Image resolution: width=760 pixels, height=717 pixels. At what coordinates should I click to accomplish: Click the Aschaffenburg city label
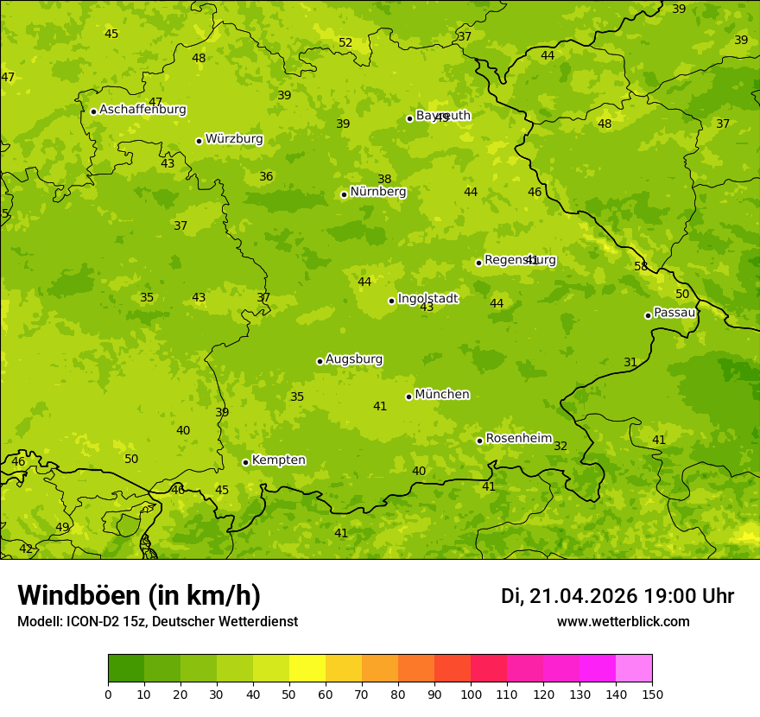[x=142, y=110]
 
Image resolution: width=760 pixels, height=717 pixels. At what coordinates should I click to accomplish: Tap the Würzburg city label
[x=234, y=139]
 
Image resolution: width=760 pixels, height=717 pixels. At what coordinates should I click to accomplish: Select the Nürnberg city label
[x=377, y=192]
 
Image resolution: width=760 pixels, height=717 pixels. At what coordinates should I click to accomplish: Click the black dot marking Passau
[x=648, y=315]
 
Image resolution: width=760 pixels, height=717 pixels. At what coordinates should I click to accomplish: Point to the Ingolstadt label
[x=427, y=299]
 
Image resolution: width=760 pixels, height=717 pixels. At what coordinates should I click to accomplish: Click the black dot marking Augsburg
[x=320, y=361]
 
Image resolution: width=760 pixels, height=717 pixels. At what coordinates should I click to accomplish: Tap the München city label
[x=442, y=395]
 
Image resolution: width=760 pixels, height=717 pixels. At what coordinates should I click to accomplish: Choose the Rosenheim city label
[x=518, y=439]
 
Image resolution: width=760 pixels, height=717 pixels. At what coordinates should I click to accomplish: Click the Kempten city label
[x=278, y=460]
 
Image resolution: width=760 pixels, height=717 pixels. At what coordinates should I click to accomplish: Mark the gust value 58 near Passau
[x=641, y=266]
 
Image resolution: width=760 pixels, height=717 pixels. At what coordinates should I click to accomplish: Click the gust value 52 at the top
[x=345, y=42]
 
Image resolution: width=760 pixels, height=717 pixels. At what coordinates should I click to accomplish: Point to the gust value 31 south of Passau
[x=630, y=362]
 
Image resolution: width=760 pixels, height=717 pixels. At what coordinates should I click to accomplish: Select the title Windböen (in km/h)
[x=139, y=595]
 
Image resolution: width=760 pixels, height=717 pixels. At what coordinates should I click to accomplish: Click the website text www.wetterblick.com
[x=623, y=621]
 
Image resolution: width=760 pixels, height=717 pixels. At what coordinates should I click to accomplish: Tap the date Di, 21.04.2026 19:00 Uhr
[x=617, y=596]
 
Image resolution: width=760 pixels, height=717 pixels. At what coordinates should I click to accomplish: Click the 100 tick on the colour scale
[x=471, y=693]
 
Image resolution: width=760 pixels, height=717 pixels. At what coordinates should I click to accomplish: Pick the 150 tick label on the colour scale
[x=652, y=693]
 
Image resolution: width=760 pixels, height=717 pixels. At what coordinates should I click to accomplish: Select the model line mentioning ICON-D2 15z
[x=157, y=621]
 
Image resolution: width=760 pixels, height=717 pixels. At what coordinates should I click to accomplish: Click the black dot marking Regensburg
[x=478, y=263]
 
